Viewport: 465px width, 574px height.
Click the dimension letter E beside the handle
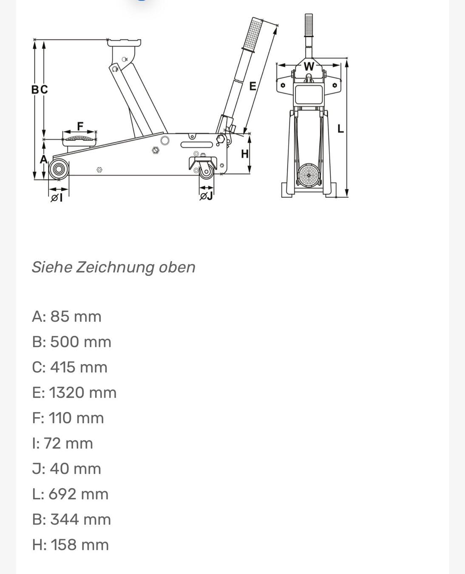click(x=253, y=86)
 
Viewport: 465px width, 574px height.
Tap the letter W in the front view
click(x=309, y=66)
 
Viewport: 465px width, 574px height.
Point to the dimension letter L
click(x=340, y=129)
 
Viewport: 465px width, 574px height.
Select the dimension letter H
click(x=245, y=154)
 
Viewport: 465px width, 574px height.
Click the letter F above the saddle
click(x=80, y=126)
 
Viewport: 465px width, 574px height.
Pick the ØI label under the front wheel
click(x=57, y=198)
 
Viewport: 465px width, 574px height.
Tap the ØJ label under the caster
click(x=206, y=196)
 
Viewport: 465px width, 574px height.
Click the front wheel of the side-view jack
click(x=58, y=169)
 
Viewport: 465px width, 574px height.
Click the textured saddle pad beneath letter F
click(x=79, y=138)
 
